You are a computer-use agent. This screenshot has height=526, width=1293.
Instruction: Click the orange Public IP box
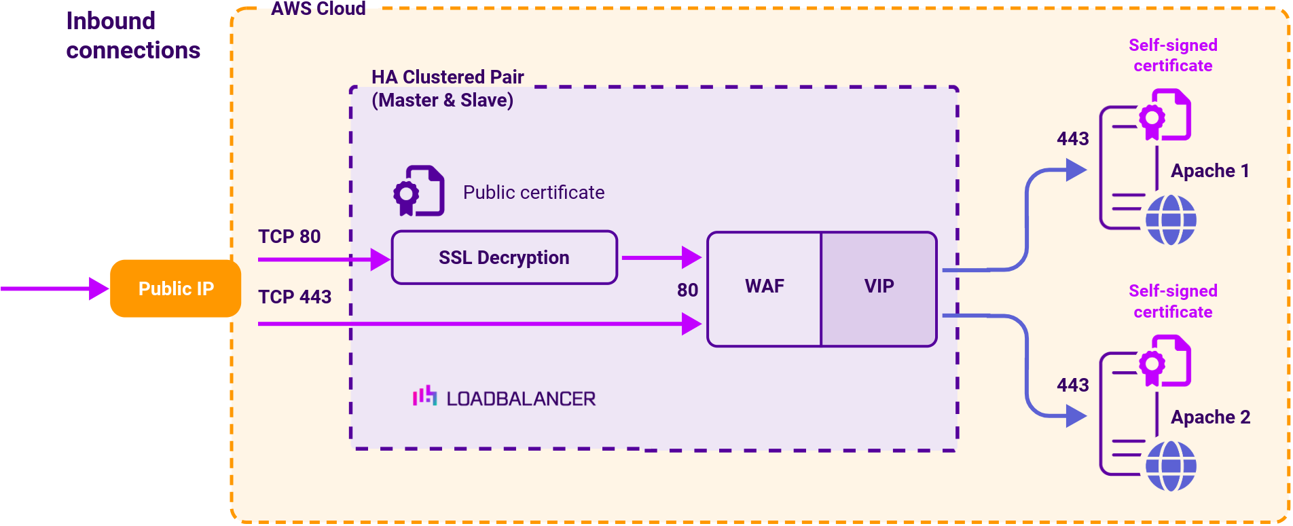tap(175, 288)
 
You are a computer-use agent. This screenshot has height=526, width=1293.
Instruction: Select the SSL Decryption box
tap(504, 258)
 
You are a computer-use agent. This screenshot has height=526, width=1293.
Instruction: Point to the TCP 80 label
tap(289, 236)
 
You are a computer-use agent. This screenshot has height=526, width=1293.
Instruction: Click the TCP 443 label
tap(295, 297)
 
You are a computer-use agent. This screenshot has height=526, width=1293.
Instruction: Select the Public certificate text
tap(534, 193)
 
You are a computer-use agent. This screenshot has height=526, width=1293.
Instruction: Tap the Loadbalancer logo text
tap(520, 398)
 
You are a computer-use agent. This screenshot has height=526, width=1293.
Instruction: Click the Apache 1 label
tap(1209, 171)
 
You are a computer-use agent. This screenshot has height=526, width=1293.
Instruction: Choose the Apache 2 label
tap(1210, 417)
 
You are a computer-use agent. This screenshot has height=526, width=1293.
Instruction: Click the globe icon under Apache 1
tap(1171, 220)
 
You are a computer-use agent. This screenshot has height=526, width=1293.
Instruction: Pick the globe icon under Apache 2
tap(1171, 466)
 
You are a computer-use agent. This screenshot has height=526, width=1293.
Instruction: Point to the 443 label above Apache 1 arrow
tap(1072, 139)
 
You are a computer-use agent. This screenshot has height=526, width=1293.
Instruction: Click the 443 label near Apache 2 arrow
tap(1072, 386)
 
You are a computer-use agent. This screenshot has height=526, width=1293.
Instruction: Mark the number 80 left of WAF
tap(687, 290)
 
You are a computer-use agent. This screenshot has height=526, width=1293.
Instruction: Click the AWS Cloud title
tap(318, 9)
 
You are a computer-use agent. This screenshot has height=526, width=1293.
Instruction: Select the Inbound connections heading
tap(132, 35)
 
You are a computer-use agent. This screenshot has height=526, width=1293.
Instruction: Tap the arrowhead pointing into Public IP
tap(98, 288)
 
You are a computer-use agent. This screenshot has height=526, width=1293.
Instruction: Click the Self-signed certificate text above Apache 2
tap(1173, 301)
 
